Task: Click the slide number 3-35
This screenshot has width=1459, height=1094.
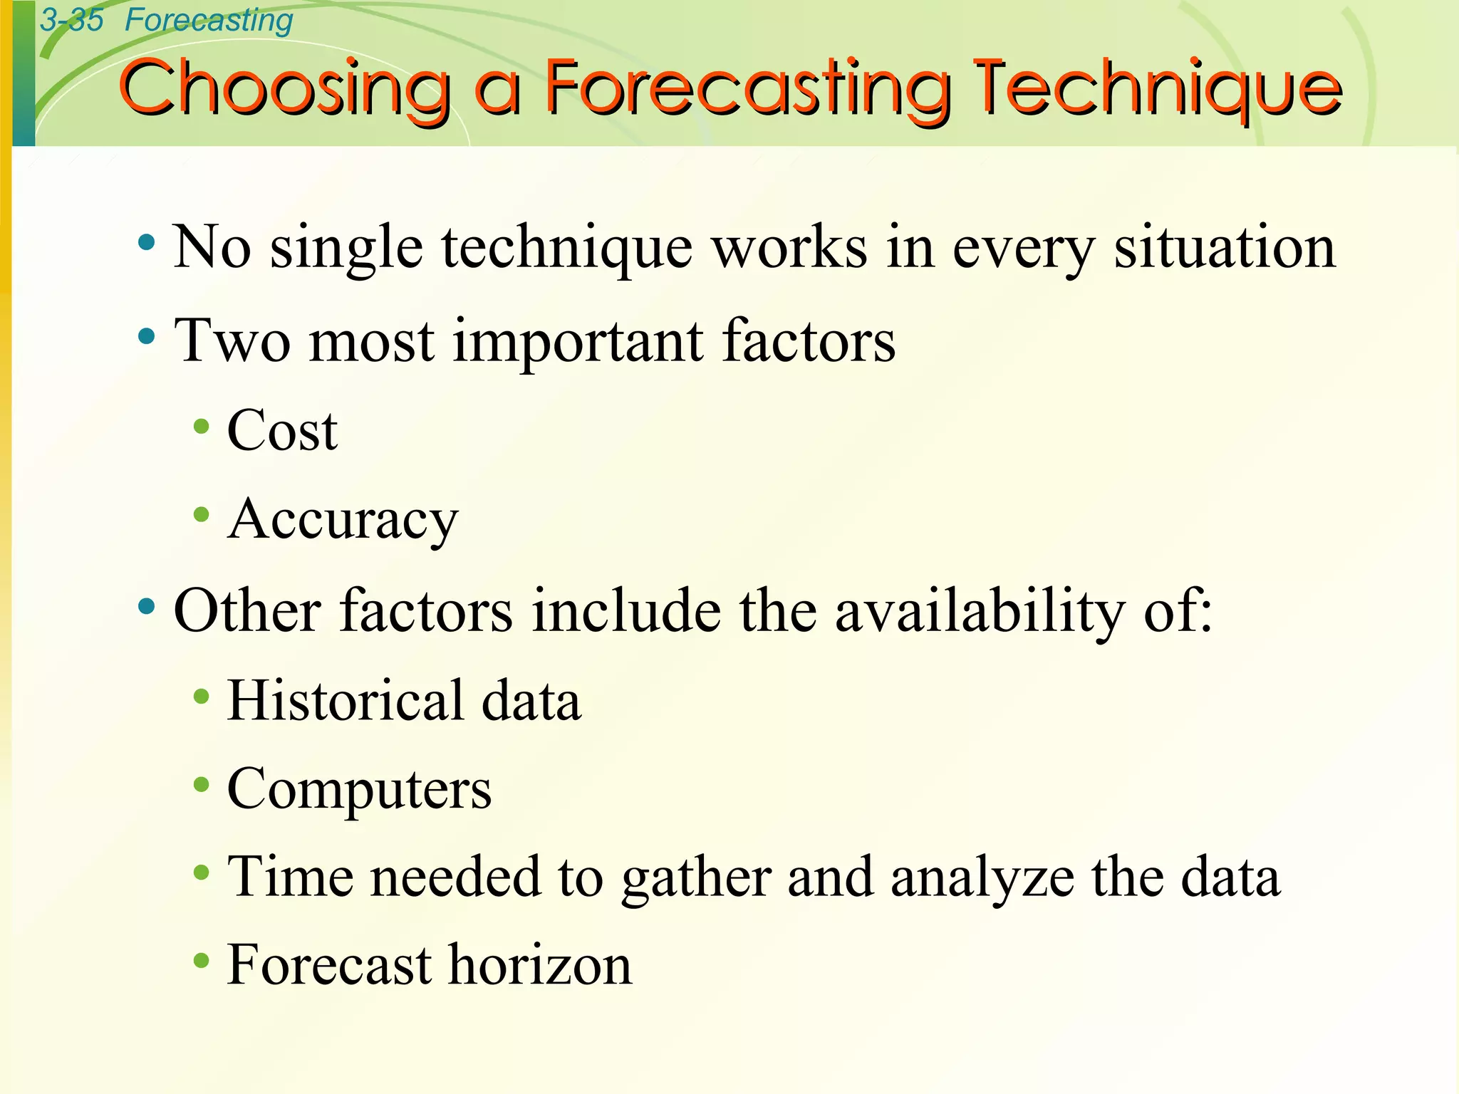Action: (x=71, y=20)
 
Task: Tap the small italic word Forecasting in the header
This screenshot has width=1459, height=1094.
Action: (x=209, y=20)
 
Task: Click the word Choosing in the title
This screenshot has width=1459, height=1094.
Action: (x=285, y=89)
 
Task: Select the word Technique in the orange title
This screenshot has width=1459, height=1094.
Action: (x=1158, y=89)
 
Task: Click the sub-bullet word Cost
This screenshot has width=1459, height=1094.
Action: (x=282, y=432)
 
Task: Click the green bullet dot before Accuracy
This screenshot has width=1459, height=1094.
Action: (x=202, y=514)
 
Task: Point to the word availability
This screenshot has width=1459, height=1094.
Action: (x=980, y=611)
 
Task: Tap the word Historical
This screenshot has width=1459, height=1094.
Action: (x=345, y=701)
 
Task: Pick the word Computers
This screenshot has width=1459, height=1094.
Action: (x=359, y=789)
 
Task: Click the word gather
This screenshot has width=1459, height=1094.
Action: (x=696, y=878)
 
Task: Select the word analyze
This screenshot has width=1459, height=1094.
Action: (x=982, y=878)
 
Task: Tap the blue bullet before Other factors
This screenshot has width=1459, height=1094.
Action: (x=147, y=607)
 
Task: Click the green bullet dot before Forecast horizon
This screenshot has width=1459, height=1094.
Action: (x=202, y=961)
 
